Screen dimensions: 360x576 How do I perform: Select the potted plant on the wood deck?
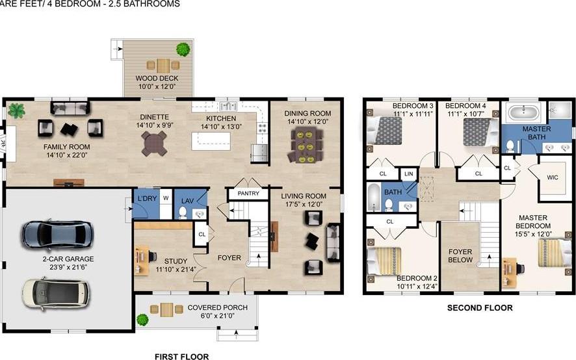click(183, 48)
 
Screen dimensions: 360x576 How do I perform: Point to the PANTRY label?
click(248, 194)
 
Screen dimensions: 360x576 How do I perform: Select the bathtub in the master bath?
click(523, 112)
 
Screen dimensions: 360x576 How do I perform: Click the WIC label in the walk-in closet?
click(553, 176)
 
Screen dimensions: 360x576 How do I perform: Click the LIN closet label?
click(408, 174)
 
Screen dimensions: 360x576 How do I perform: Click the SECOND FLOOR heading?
click(479, 308)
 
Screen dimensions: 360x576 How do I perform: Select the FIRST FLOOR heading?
click(181, 356)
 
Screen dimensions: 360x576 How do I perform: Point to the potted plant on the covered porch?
click(142, 319)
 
